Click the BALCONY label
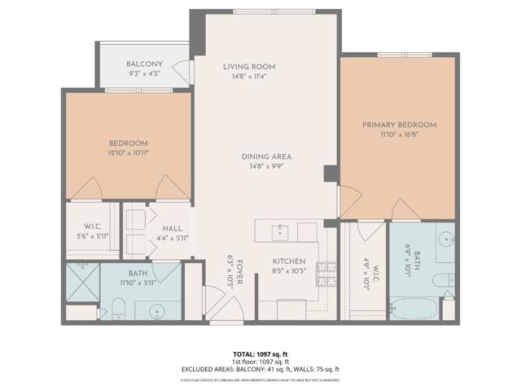pyautogui.click(x=145, y=64)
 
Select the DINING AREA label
pyautogui.click(x=266, y=156)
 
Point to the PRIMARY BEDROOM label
pyautogui.click(x=399, y=125)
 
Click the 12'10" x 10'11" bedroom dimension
pyautogui.click(x=128, y=152)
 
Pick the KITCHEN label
pyautogui.click(x=288, y=261)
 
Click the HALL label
pyautogui.click(x=173, y=229)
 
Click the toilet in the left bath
pyautogui.click(x=119, y=307)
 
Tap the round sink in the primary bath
pyautogui.click(x=447, y=239)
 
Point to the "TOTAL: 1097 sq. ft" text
pyautogui.click(x=260, y=354)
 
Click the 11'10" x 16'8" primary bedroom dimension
pyautogui.click(x=399, y=134)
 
